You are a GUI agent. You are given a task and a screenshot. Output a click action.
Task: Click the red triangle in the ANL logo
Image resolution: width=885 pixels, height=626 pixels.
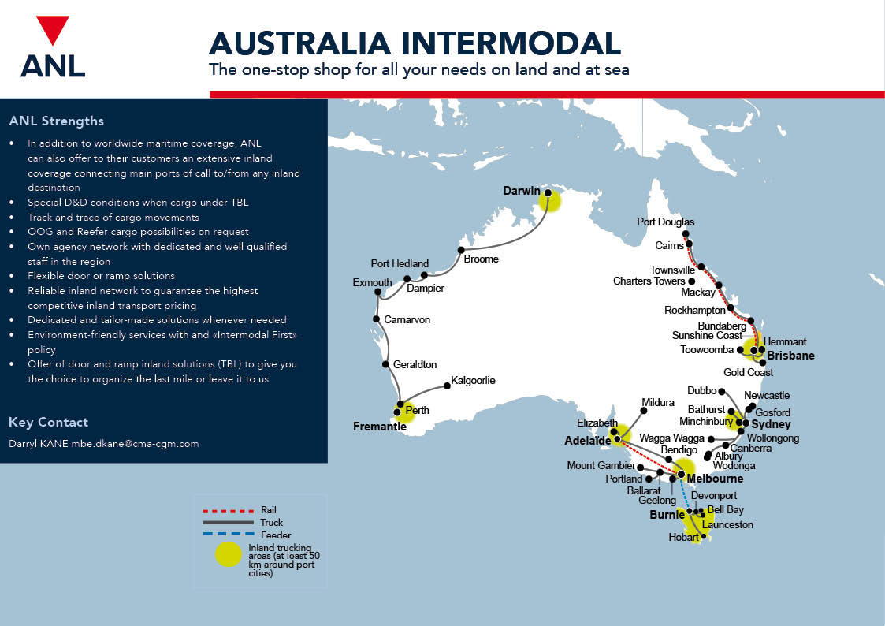53,30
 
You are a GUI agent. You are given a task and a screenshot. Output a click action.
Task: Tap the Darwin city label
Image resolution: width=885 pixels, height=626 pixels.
522,191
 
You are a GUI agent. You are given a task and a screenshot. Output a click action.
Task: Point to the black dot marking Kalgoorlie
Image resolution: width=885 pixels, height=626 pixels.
446,386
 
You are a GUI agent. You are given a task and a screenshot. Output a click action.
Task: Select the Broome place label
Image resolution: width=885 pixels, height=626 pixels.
481,259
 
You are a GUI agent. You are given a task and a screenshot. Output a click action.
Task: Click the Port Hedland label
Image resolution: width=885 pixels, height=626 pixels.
400,263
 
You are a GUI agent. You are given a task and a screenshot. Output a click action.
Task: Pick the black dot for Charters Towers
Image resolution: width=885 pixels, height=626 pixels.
691,281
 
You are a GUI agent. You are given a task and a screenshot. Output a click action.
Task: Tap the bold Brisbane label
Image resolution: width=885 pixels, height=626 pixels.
791,356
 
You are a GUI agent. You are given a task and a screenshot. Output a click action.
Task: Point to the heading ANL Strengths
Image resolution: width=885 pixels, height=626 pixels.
56,121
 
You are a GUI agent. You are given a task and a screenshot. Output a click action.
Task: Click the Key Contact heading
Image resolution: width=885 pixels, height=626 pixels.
48,422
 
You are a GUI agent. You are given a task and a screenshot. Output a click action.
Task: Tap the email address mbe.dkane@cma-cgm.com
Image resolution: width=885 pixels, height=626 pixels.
135,443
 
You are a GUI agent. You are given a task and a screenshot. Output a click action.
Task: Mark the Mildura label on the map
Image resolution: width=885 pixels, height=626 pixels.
658,401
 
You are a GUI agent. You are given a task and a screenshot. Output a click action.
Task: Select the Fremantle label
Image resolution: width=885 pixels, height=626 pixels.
379,427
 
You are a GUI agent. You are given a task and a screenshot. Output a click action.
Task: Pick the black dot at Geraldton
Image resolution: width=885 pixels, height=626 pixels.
385,365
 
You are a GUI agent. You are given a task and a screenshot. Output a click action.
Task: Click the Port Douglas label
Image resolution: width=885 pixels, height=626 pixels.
666,222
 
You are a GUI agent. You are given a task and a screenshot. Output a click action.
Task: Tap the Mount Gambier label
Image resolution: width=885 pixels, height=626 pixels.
601,466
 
